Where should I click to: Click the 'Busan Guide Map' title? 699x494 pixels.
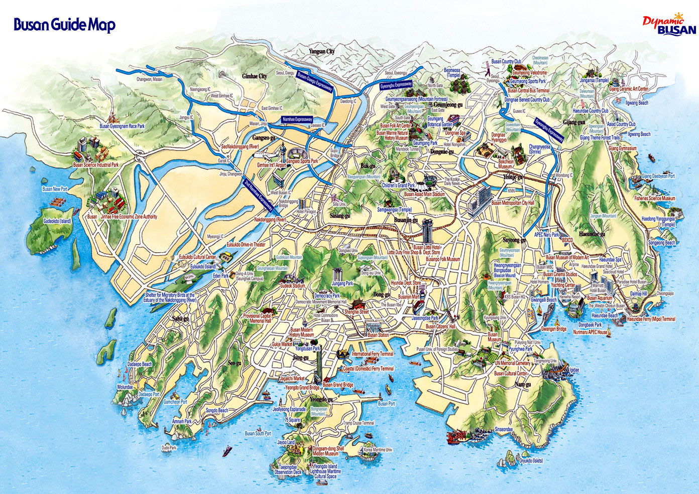tap(64, 25)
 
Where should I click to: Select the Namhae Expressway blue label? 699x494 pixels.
tap(297, 119)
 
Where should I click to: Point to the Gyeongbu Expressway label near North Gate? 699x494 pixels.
tap(396, 85)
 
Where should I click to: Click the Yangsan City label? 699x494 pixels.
tap(321, 52)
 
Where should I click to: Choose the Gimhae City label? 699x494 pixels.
tap(255, 76)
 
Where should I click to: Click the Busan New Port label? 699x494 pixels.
tap(55, 189)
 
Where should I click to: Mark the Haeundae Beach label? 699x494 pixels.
tap(605, 315)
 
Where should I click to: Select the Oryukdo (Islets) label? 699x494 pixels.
tap(531, 460)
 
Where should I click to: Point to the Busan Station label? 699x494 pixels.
tap(378, 335)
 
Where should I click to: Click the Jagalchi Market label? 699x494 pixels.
tap(292, 379)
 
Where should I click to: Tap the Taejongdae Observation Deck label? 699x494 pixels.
tap(288, 469)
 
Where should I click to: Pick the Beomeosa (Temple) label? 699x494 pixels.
tap(452, 73)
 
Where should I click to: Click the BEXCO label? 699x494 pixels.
tap(567, 240)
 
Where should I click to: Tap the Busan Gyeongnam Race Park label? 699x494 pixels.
tap(122, 126)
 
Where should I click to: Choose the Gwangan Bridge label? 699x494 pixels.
tap(554, 329)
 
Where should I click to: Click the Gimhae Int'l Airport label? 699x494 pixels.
tap(271, 165)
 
